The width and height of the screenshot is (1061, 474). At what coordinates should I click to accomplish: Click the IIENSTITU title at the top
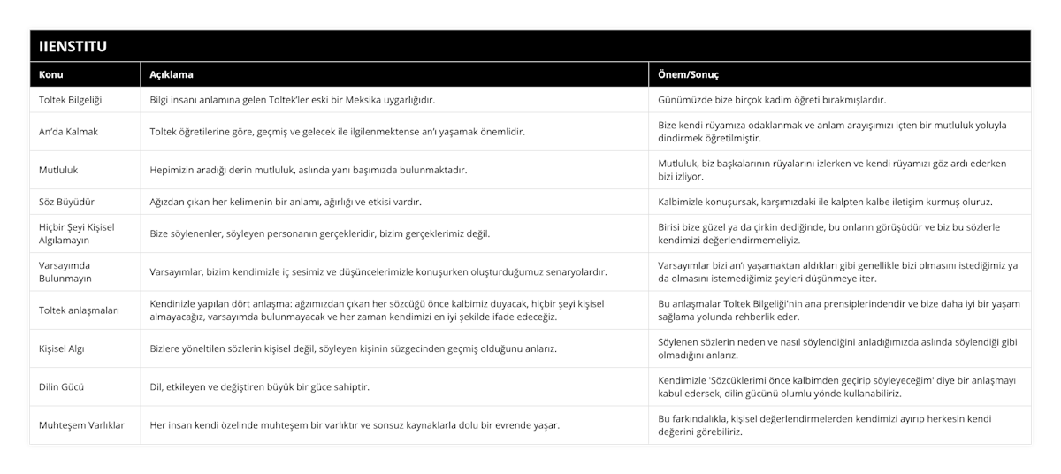click(x=73, y=45)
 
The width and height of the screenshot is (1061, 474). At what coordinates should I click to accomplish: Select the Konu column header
click(x=51, y=75)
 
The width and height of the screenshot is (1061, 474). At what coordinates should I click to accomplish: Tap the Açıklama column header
click(x=172, y=75)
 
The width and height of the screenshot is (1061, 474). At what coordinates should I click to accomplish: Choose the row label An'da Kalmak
click(x=69, y=132)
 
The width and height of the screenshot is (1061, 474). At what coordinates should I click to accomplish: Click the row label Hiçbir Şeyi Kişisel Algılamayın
click(x=77, y=233)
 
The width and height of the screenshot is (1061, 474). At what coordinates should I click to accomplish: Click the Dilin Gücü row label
click(x=63, y=386)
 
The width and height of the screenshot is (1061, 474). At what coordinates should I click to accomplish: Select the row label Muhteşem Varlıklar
click(x=82, y=424)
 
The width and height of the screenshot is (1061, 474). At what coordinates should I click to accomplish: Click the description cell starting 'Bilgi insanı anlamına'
click(x=292, y=100)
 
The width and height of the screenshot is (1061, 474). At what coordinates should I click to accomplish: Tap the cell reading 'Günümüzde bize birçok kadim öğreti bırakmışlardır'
click(x=772, y=100)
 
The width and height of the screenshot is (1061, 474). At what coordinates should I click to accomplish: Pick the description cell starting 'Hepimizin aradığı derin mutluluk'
click(x=309, y=170)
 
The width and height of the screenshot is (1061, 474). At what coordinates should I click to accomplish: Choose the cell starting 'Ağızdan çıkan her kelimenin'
click(x=286, y=202)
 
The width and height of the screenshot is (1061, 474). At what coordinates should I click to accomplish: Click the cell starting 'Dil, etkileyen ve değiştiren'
click(x=260, y=386)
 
